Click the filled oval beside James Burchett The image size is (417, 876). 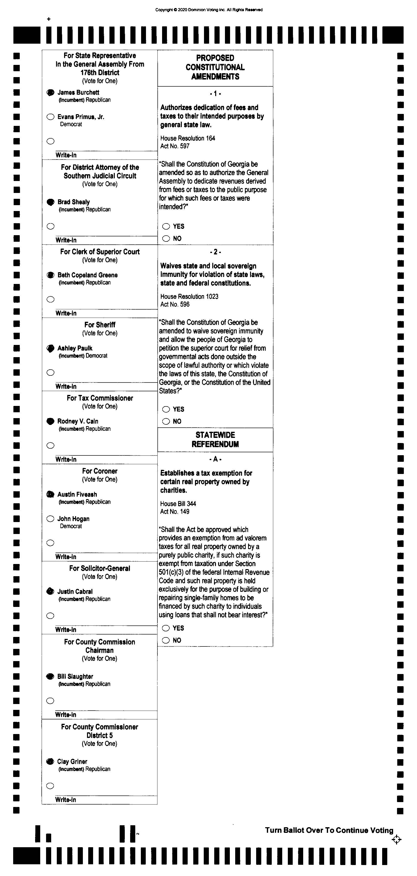[x=50, y=92]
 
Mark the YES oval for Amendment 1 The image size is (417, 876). [x=166, y=226]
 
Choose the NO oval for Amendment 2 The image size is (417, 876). [x=166, y=421]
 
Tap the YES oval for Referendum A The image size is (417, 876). [x=166, y=628]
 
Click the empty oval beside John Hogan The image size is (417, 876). [x=50, y=519]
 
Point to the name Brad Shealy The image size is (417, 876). [x=73, y=202]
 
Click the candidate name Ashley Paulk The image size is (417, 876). [x=75, y=348]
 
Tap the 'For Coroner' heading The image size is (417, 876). [x=100, y=471]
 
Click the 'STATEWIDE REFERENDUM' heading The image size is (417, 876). [x=215, y=439]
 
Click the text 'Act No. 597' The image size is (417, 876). [x=175, y=146]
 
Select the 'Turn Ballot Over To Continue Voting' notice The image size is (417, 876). [x=329, y=830]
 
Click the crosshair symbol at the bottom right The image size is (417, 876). [x=396, y=840]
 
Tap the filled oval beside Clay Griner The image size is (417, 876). [x=50, y=761]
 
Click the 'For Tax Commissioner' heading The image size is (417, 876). [x=100, y=398]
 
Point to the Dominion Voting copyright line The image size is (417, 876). [x=209, y=10]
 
